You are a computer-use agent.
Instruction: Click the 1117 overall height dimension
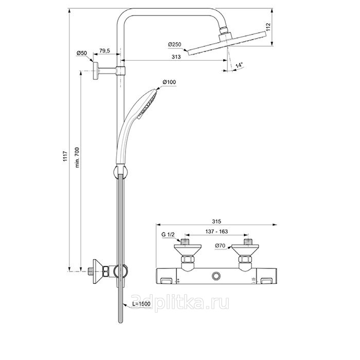click(65, 156)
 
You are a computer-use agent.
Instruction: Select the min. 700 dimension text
click(77, 157)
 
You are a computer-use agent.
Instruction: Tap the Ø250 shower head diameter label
click(174, 44)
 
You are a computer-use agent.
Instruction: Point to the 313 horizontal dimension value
click(176, 57)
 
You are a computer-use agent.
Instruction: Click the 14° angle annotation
click(239, 65)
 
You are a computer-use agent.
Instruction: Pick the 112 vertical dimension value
click(268, 27)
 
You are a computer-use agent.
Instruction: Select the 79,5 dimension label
click(104, 51)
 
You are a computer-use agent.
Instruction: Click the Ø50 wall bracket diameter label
click(82, 53)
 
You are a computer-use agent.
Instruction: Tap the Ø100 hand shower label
click(169, 82)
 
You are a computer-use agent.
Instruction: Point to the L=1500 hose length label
click(141, 304)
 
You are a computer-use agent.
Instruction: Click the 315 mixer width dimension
click(217, 221)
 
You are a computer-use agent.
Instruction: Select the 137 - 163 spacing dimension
click(217, 231)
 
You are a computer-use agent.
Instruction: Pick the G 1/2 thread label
click(168, 235)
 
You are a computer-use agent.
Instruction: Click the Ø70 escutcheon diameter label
click(220, 246)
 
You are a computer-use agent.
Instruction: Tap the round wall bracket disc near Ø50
click(96, 71)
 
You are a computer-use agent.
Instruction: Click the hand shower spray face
click(147, 104)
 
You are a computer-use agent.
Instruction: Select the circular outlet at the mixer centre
click(216, 276)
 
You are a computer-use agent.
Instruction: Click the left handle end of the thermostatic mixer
click(166, 276)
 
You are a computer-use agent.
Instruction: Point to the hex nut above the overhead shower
click(223, 30)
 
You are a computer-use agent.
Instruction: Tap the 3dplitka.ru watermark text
click(180, 302)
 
